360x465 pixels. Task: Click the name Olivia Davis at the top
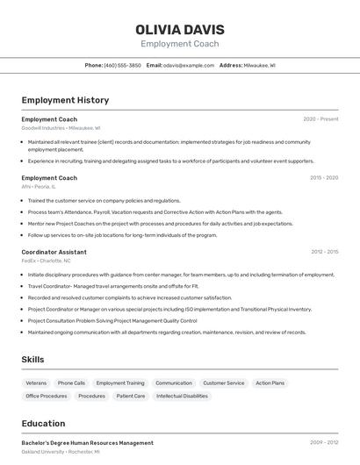coord(180,30)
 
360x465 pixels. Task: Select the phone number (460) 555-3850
coord(122,65)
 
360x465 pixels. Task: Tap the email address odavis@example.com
coord(189,65)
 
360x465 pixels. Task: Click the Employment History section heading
coord(65,100)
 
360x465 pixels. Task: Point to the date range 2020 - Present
coord(320,119)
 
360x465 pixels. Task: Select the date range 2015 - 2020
coord(324,178)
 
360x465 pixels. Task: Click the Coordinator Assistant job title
coord(54,252)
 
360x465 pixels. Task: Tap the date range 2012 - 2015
coord(324,252)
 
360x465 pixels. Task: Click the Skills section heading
coord(32,360)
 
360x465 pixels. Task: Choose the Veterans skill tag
coord(36,383)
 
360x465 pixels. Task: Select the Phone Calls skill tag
coord(71,383)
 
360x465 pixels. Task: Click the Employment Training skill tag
coord(120,383)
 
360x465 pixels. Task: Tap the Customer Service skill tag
coord(224,383)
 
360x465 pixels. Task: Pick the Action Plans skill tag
coord(270,383)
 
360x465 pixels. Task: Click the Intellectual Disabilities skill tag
coord(183,397)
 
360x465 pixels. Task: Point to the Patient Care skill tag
coord(131,397)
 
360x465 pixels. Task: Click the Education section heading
coord(43,423)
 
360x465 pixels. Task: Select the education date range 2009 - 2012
coord(324,443)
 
